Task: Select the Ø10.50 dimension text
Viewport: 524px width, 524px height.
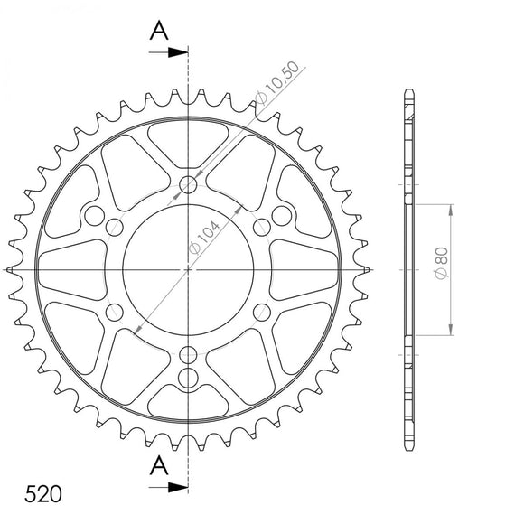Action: (276, 86)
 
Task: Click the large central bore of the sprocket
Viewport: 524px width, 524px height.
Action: (188, 269)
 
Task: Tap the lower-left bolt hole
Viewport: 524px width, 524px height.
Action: (116, 312)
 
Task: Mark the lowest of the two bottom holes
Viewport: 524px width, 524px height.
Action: (188, 375)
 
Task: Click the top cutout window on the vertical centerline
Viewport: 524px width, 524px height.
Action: (188, 140)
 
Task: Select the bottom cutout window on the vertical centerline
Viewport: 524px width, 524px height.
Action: (188, 399)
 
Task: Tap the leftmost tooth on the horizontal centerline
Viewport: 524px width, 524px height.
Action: (10, 269)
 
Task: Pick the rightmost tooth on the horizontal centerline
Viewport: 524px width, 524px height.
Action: (366, 269)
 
